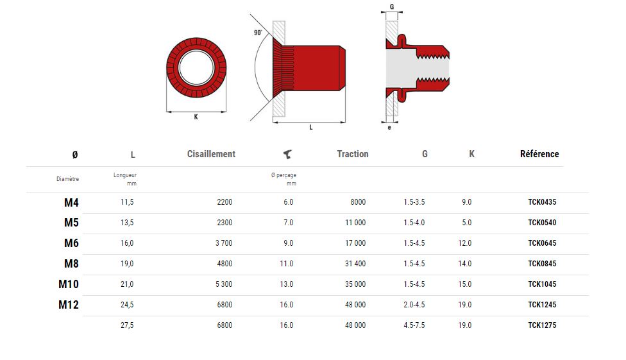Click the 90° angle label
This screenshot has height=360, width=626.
[x=258, y=32]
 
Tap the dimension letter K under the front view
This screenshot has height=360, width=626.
[x=196, y=117]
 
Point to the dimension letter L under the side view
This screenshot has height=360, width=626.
[x=311, y=127]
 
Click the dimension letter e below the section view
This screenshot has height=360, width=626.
[x=389, y=128]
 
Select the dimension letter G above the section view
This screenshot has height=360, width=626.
[x=392, y=7]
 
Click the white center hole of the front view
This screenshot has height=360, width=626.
[x=196, y=67]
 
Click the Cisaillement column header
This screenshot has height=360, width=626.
[x=211, y=154]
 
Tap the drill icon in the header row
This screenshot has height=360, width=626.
[x=287, y=154]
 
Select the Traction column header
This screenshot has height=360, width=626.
[x=353, y=154]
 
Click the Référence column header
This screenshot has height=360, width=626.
[x=539, y=154]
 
